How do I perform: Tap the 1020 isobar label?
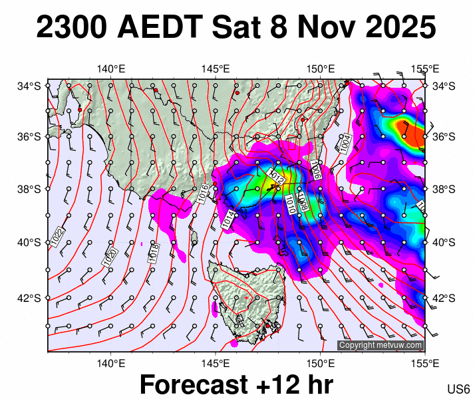(x=110, y=257)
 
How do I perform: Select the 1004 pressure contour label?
(x=344, y=144)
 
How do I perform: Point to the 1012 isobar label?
(x=276, y=177)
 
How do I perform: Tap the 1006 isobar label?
(x=316, y=170)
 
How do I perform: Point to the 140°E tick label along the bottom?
(x=111, y=363)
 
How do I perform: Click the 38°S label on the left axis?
(x=31, y=190)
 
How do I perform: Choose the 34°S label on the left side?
(x=31, y=86)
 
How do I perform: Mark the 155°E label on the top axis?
(x=425, y=68)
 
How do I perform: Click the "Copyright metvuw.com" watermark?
(x=381, y=345)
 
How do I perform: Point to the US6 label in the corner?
(x=459, y=388)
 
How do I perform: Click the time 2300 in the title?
(x=72, y=29)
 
